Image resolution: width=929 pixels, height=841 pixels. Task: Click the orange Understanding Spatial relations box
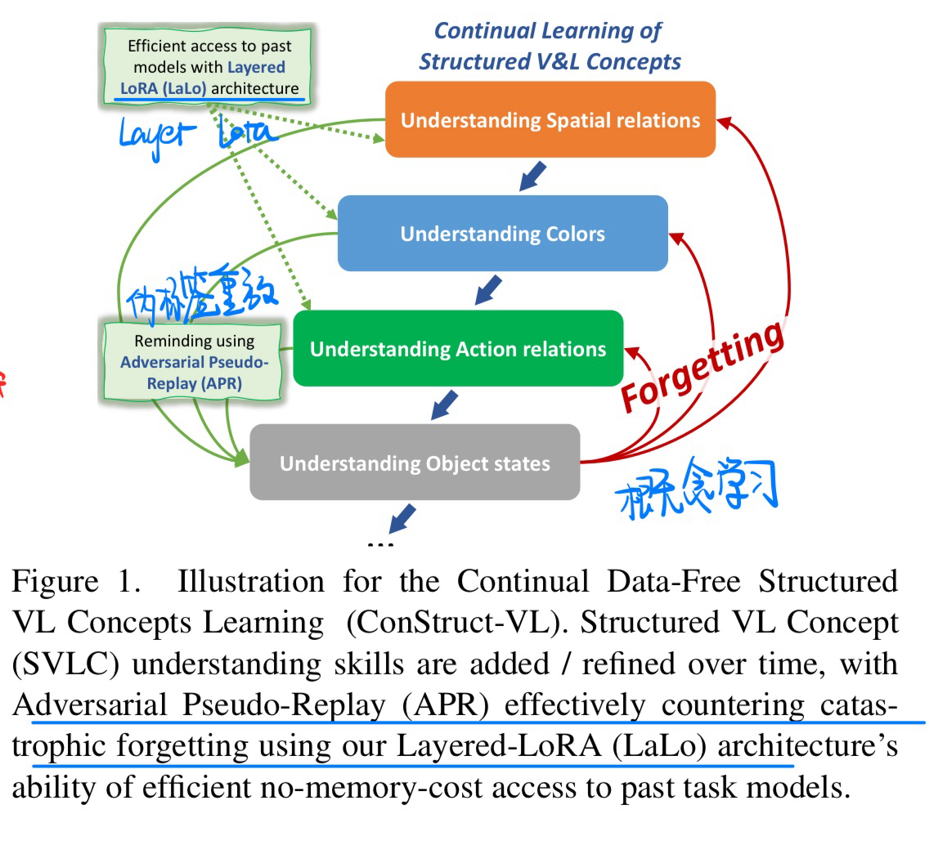[550, 120]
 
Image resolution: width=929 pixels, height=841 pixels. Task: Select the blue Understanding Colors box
[502, 234]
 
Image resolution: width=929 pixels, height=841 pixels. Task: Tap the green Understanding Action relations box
[458, 349]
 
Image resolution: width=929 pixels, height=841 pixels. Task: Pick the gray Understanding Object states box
[415, 463]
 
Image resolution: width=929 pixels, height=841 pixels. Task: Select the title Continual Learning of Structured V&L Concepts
[550, 47]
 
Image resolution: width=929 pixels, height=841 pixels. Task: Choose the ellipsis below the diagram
[382, 543]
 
